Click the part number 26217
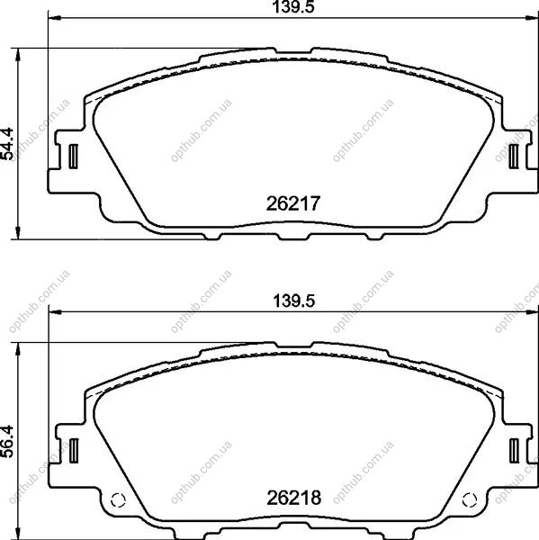point(293,203)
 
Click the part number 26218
point(293,498)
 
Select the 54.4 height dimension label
point(7,144)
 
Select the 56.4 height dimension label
point(7,441)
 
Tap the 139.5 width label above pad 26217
point(293,7)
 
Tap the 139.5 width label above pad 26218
point(293,301)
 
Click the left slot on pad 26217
point(74,157)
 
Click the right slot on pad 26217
point(514,157)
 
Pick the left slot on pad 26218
point(74,451)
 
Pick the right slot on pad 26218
point(514,451)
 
